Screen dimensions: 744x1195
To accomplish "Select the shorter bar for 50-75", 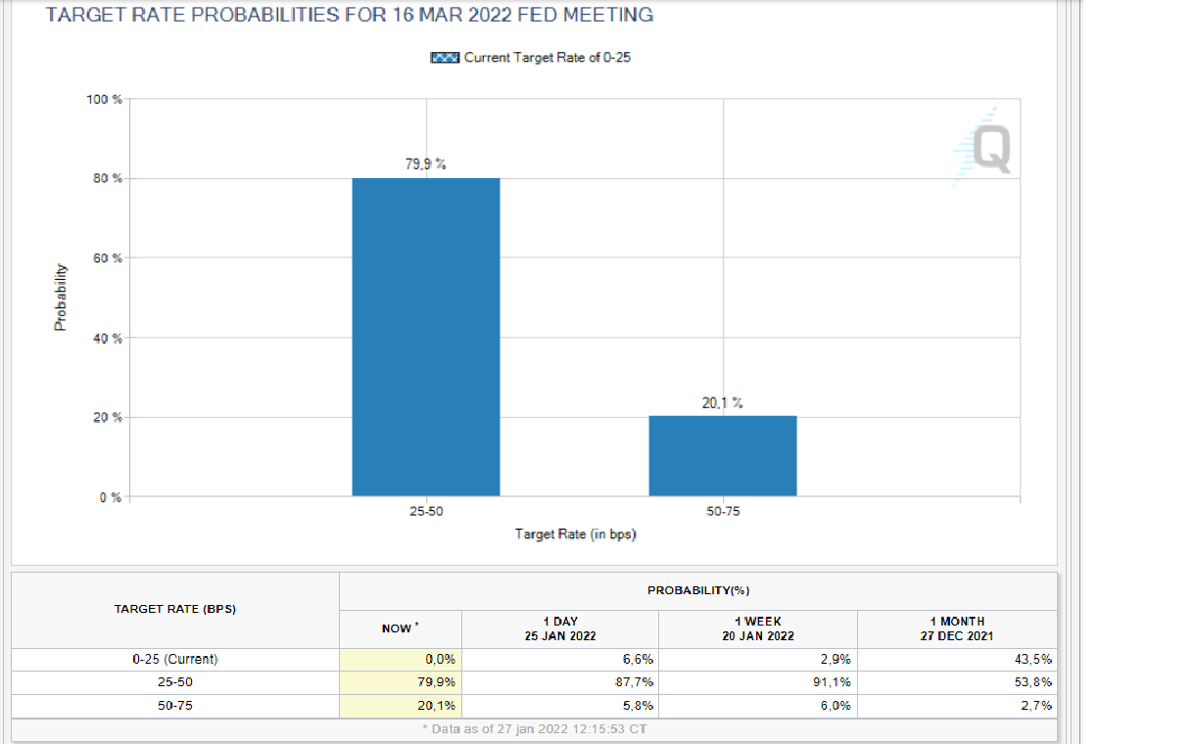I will [x=722, y=455].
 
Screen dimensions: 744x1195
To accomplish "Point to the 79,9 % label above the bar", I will [x=425, y=163].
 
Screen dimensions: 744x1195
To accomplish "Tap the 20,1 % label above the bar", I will [x=722, y=402].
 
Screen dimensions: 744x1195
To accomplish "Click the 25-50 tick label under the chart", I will [x=425, y=512].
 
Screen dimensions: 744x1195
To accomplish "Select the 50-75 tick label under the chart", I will [x=722, y=512].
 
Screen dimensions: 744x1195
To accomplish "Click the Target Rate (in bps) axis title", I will [x=576, y=534].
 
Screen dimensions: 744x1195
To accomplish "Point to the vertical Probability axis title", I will [x=61, y=298].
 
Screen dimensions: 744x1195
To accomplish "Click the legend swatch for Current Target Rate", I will [x=445, y=58].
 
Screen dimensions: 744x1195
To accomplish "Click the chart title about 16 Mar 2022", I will [x=350, y=16].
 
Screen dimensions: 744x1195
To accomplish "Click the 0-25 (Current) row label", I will [x=174, y=659].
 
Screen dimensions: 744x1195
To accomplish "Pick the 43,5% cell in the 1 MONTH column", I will [x=1033, y=659].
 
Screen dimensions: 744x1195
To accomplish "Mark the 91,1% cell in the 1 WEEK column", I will [x=832, y=681].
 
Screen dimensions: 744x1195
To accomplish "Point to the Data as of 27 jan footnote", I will [x=534, y=729].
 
